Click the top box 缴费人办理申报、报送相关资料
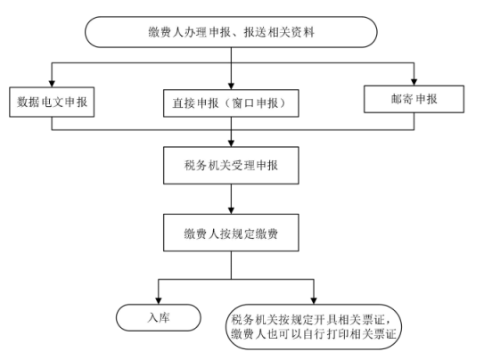coord(231,32)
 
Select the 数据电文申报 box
coord(52,102)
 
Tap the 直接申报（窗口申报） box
coord(231,103)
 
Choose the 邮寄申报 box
coord(414,99)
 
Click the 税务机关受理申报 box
coord(231,166)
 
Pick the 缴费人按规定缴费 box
coord(231,233)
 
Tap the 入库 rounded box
coord(159,318)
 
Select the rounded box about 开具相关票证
coord(314,327)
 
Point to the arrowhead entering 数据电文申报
coord(52,84)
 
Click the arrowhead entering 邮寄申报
coord(414,82)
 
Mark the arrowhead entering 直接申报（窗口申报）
coord(231,86)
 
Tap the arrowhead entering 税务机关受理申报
coord(231,143)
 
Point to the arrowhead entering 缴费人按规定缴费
coord(231,211)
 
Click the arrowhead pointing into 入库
coord(159,301)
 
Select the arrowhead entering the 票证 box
coord(314,301)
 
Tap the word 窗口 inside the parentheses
coord(243,103)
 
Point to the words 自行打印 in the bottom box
coord(326,334)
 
